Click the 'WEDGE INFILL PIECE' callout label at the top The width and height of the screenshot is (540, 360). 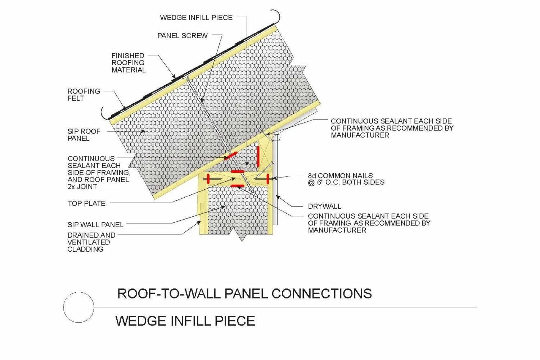point(196,17)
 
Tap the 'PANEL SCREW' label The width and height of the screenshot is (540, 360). point(183,36)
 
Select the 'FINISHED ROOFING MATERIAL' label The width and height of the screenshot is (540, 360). point(129,63)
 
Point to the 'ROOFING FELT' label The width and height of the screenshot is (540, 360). point(84,95)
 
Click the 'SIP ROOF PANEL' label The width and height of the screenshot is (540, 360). point(84,135)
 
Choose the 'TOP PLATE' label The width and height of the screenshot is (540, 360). point(86,203)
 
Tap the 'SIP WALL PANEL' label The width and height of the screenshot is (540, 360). point(95,225)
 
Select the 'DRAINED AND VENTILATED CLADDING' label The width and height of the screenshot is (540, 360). point(91,242)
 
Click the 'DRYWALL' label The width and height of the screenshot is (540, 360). point(324,206)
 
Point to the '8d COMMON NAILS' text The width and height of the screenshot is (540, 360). point(340,176)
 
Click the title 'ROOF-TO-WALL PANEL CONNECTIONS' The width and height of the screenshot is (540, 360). point(244,293)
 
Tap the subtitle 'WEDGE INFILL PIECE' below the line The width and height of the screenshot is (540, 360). point(185,321)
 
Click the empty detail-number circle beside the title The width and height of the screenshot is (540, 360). point(78,307)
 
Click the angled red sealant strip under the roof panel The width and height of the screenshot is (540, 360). point(230,156)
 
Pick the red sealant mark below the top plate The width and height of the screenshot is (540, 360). point(238,186)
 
